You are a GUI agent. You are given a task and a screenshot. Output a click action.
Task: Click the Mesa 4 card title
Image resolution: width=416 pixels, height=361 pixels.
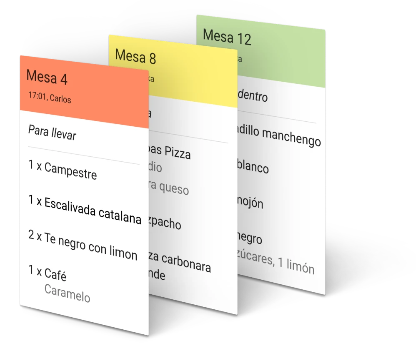click(47, 77)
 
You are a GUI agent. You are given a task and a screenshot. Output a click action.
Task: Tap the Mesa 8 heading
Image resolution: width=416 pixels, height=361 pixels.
click(135, 56)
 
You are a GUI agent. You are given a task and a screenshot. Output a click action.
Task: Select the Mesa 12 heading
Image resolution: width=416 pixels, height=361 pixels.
click(227, 37)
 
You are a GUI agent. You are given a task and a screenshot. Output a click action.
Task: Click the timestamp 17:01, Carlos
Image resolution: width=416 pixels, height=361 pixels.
click(50, 97)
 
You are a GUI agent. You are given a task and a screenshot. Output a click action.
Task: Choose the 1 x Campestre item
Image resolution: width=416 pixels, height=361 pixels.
click(63, 170)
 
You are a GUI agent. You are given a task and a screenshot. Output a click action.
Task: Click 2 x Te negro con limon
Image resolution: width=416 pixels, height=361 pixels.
click(83, 244)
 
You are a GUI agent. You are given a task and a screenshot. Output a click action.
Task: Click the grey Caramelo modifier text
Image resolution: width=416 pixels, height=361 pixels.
click(67, 292)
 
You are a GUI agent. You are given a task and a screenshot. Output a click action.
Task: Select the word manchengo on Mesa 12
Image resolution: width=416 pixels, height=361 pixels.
click(292, 138)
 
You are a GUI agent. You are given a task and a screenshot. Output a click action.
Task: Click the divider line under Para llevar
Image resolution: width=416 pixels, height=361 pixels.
click(83, 155)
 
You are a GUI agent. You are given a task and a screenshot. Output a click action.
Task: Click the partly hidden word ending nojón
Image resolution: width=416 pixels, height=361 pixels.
click(251, 202)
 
